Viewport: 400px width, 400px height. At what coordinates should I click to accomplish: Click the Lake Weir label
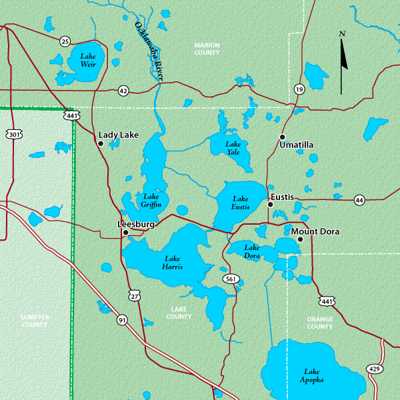88,60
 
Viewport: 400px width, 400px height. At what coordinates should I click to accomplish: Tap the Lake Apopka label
313,375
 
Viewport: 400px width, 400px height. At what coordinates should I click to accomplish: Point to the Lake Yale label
233,148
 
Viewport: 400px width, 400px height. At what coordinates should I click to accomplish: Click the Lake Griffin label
151,200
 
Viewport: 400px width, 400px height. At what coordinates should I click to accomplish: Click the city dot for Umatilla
281,137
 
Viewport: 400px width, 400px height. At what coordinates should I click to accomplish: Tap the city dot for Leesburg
125,233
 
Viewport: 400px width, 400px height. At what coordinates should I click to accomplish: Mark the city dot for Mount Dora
300,239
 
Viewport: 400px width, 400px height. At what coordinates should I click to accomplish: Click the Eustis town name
282,197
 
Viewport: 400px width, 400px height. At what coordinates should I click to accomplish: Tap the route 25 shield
65,41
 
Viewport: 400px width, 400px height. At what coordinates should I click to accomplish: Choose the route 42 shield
123,90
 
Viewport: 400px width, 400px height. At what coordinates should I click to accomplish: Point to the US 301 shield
15,135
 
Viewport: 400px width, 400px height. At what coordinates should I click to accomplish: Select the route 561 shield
231,279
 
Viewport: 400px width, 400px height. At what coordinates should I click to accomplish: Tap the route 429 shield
375,369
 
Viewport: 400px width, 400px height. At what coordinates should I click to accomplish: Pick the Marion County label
207,49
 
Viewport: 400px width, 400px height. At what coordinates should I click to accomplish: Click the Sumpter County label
33,321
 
